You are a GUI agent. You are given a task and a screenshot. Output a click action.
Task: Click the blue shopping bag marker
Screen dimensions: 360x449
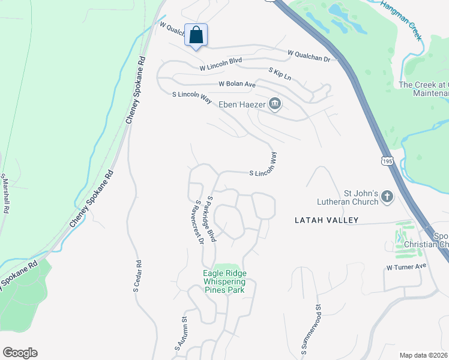click(x=196, y=35)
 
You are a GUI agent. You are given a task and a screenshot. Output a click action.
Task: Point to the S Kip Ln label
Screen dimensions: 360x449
click(x=280, y=74)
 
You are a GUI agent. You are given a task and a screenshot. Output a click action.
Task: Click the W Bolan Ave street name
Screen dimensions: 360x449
click(x=237, y=84)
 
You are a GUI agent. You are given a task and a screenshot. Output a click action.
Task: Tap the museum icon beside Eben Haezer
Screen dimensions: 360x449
click(x=275, y=104)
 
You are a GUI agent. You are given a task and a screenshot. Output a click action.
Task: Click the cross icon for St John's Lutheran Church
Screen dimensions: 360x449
click(x=388, y=196)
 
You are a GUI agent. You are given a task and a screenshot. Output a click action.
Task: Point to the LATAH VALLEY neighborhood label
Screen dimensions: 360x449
click(x=327, y=220)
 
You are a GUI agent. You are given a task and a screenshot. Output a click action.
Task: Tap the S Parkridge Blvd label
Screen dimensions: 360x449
click(x=211, y=218)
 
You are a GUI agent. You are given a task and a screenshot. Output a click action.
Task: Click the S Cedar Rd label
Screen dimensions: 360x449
click(x=137, y=277)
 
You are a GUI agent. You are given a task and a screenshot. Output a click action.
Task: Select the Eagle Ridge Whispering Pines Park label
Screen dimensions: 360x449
click(x=224, y=281)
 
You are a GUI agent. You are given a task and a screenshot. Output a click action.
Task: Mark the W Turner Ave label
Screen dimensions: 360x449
click(x=406, y=266)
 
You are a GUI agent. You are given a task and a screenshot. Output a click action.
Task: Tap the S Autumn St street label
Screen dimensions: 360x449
click(x=182, y=334)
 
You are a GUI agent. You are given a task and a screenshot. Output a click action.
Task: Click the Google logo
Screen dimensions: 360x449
click(x=20, y=353)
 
